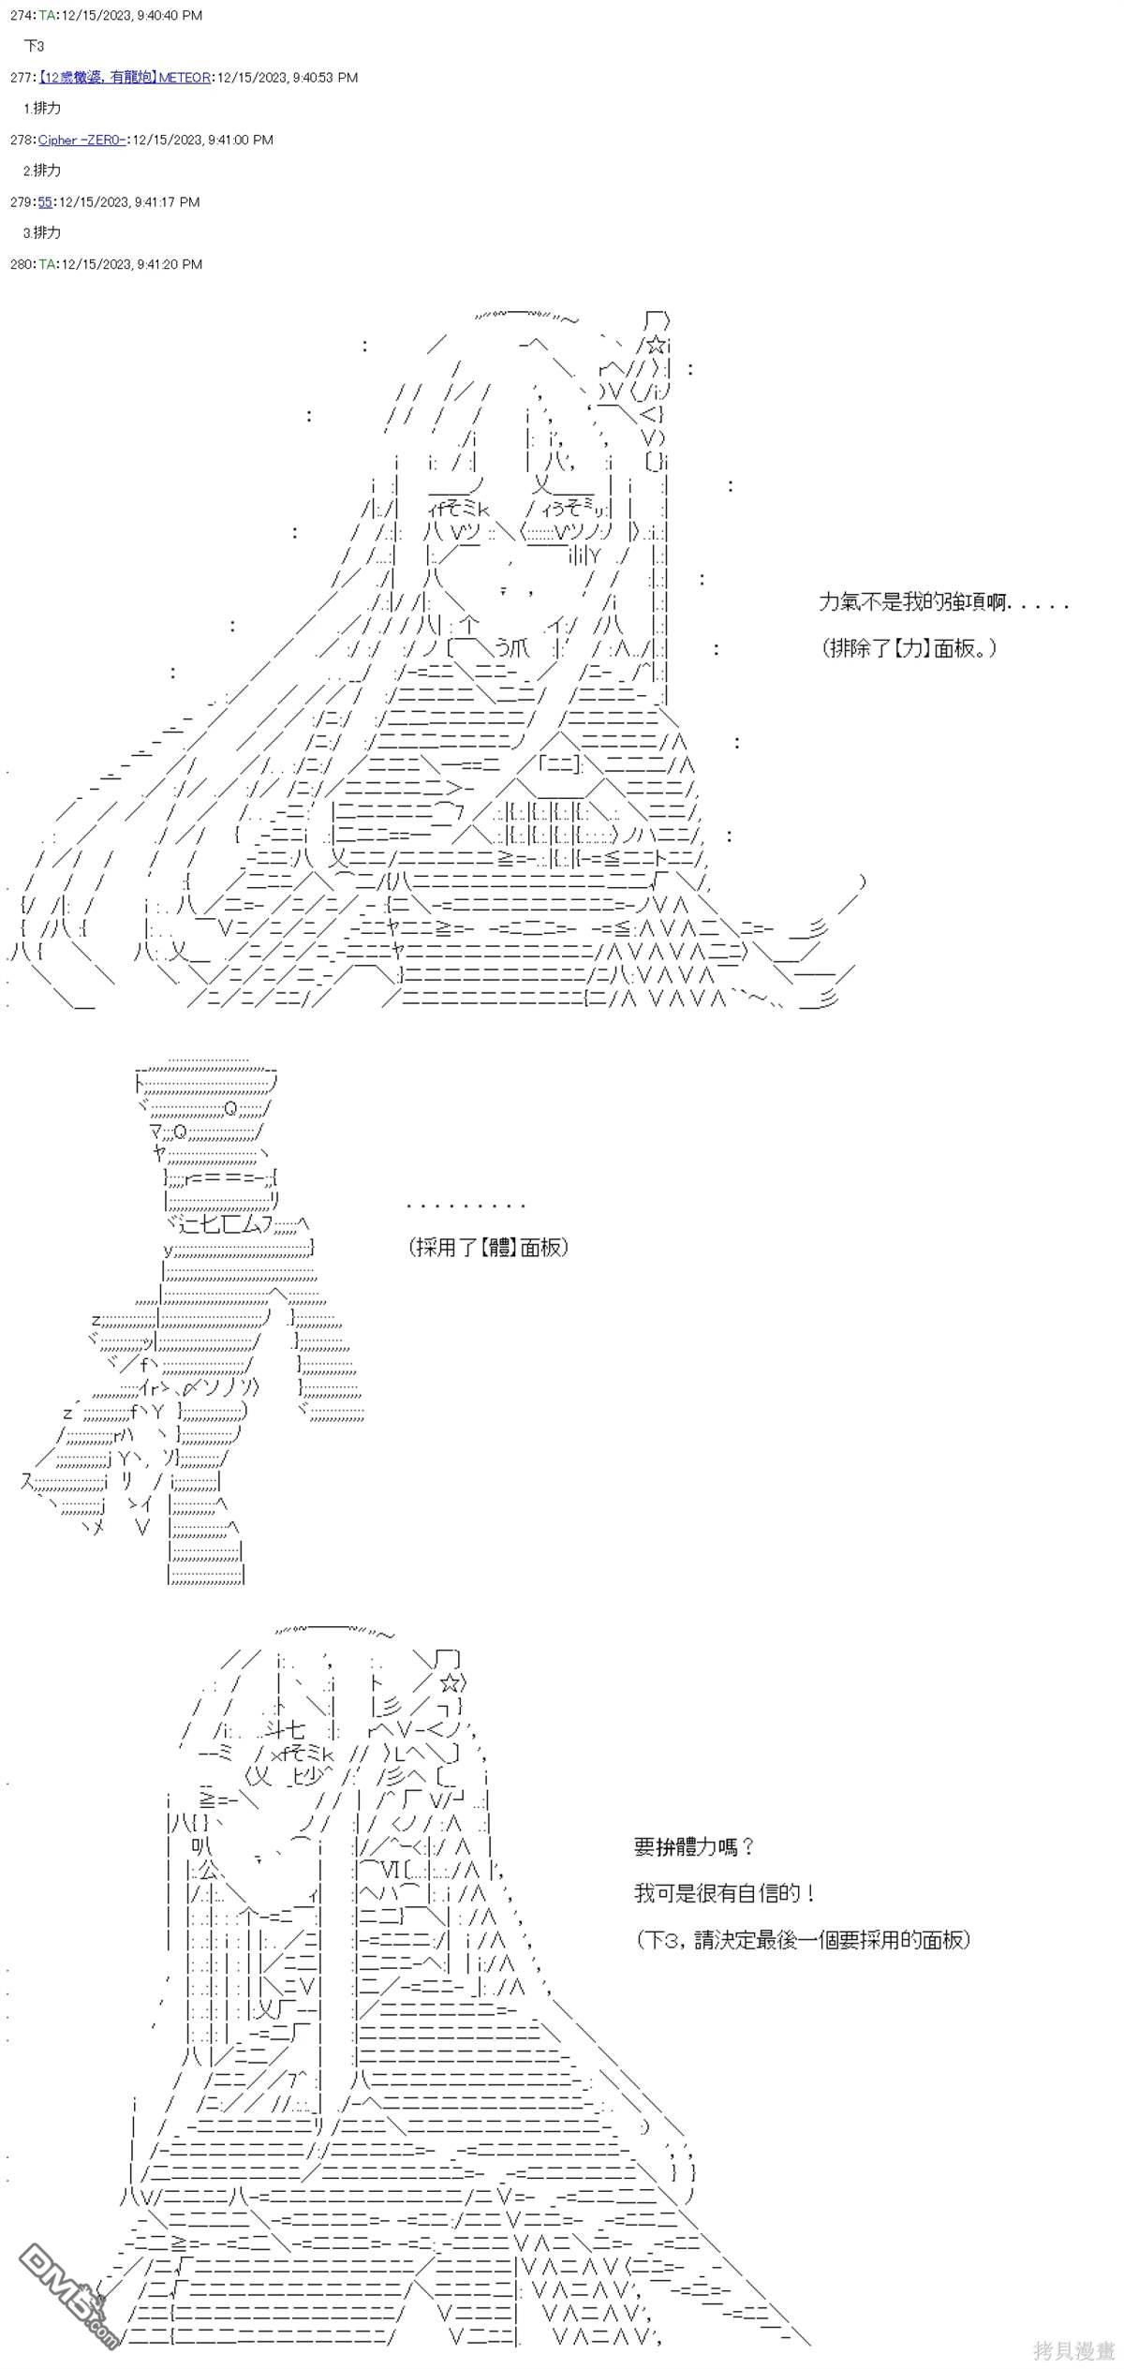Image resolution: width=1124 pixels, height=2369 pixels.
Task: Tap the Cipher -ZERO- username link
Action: pos(81,140)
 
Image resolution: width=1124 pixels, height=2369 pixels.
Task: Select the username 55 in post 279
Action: pos(45,201)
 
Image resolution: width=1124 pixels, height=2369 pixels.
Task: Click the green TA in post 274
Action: pos(47,16)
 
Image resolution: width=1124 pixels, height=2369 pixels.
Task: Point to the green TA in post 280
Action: pos(47,264)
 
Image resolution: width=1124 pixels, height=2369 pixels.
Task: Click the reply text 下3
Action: pos(34,46)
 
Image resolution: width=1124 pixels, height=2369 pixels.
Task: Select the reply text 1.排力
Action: pos(42,108)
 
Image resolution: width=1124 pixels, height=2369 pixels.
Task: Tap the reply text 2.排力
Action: pos(42,170)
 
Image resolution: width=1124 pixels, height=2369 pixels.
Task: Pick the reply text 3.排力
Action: pos(42,232)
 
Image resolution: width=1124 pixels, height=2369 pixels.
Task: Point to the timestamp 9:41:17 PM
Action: pos(166,201)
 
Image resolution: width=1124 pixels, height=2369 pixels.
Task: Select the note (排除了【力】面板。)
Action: pos(907,647)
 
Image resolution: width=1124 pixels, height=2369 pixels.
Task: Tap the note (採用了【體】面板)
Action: pos(488,1247)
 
